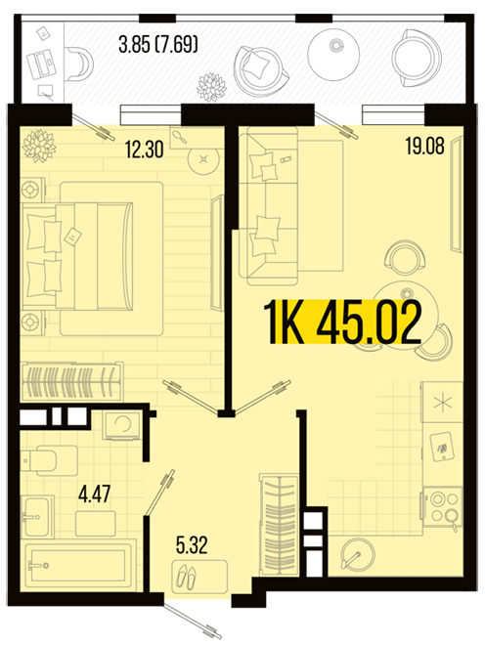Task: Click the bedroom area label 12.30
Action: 145,150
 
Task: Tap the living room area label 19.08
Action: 425,146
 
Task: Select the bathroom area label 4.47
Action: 94,494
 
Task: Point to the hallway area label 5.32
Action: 192,545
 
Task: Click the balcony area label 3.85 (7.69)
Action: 158,44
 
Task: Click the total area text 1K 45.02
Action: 345,322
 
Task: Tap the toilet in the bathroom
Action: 49,460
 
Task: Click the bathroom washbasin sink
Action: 37,516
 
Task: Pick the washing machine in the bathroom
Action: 122,424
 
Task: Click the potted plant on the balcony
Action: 211,87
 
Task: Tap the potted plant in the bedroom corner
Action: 39,146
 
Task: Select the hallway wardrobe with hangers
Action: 279,524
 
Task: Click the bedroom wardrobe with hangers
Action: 72,381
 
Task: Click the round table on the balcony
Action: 333,56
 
